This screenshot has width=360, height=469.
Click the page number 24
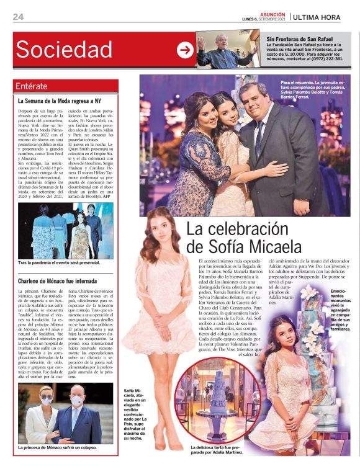[x=18, y=17]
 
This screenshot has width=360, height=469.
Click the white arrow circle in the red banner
[x=185, y=50]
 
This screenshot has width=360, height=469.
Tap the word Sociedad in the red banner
[x=64, y=50]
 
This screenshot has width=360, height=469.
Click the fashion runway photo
[x=65, y=231]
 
